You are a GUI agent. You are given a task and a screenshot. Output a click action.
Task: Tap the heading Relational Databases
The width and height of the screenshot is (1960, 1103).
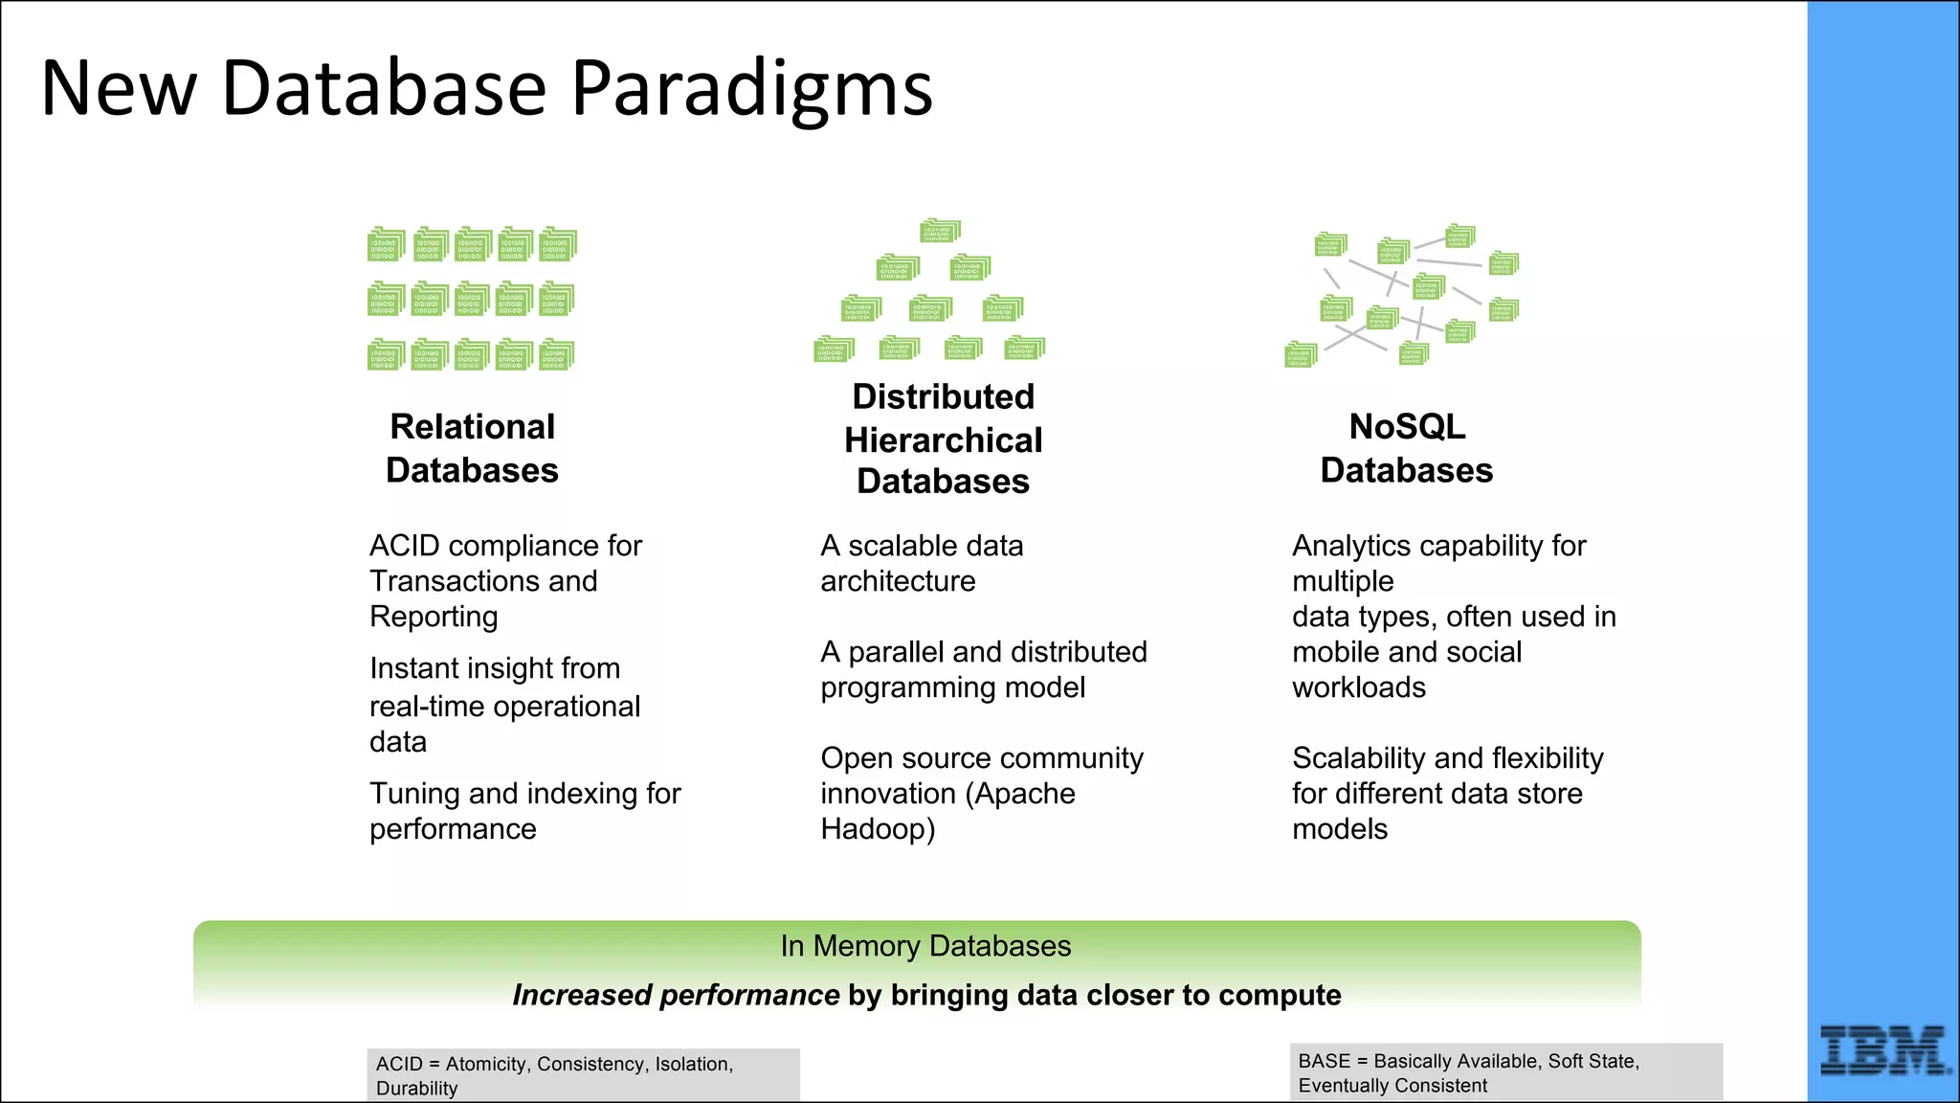(x=472, y=448)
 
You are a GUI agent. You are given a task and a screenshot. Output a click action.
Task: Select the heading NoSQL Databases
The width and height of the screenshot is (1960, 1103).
(x=1406, y=448)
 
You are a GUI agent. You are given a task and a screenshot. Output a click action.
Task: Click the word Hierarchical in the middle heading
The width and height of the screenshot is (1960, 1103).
(x=943, y=440)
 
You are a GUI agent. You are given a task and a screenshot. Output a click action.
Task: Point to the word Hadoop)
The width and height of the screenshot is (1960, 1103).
(x=878, y=829)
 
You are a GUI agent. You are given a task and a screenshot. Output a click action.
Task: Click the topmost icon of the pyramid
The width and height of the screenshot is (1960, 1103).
(x=940, y=231)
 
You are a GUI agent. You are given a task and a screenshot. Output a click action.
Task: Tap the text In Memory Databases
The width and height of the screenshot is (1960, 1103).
(x=924, y=946)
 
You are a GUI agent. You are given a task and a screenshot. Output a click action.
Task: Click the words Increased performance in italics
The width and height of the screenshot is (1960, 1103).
(x=676, y=995)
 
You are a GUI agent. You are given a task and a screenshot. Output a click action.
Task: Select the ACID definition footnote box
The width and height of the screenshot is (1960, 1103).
(x=582, y=1075)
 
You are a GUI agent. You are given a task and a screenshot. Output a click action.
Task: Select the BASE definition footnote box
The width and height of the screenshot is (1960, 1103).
(x=1504, y=1072)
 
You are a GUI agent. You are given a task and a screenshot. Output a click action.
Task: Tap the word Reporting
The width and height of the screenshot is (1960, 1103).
(x=434, y=618)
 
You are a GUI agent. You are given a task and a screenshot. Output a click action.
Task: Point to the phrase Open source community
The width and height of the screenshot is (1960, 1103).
(x=981, y=758)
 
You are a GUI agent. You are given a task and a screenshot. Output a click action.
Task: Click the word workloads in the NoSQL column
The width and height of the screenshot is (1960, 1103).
(x=1358, y=687)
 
